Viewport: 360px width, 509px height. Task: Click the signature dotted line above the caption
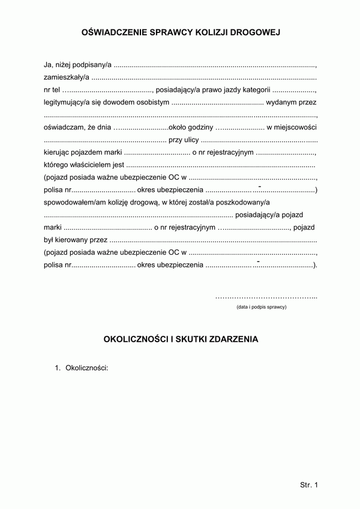pos(266,297)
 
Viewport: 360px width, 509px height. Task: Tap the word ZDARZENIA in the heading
pos(233,339)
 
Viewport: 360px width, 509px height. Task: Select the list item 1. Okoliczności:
pos(81,368)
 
